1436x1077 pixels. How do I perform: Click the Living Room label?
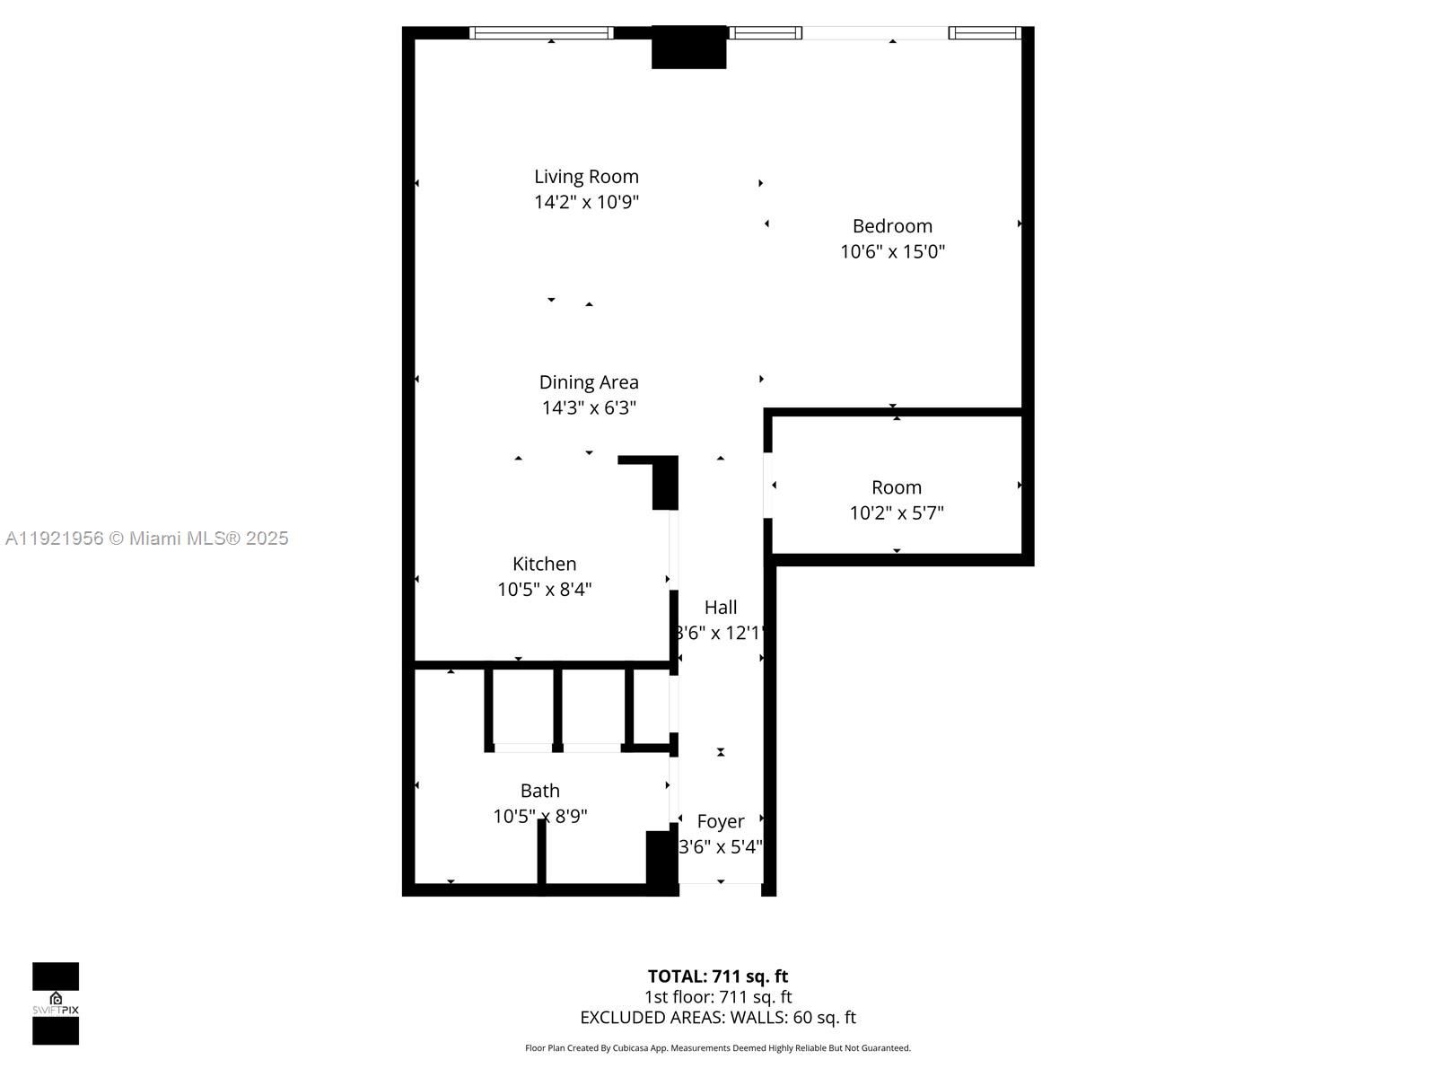tap(586, 177)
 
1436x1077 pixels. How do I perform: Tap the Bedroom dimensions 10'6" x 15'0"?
tap(892, 251)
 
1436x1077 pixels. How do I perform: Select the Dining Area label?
tap(589, 382)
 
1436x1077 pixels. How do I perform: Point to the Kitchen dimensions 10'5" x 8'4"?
tap(544, 590)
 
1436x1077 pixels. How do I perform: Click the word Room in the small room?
tap(896, 487)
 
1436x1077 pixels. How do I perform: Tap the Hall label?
tap(720, 608)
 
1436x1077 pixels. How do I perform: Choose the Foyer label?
tap(720, 821)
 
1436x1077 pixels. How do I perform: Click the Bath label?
tap(539, 791)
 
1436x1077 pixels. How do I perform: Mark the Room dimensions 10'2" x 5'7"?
tap(896, 512)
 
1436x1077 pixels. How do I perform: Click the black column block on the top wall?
tap(688, 48)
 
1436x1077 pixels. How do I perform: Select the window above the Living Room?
tap(541, 33)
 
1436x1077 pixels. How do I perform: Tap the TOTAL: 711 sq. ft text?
tap(717, 976)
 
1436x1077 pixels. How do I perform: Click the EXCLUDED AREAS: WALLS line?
tap(717, 1018)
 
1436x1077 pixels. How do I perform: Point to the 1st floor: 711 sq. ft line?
tap(717, 997)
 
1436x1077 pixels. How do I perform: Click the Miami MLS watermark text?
tap(146, 538)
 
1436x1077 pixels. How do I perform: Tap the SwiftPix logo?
tap(56, 1003)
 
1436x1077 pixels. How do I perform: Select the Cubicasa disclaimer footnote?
tap(717, 1048)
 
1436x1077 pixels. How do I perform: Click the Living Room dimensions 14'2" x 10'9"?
tap(586, 202)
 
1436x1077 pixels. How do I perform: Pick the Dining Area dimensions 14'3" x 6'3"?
tap(589, 407)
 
